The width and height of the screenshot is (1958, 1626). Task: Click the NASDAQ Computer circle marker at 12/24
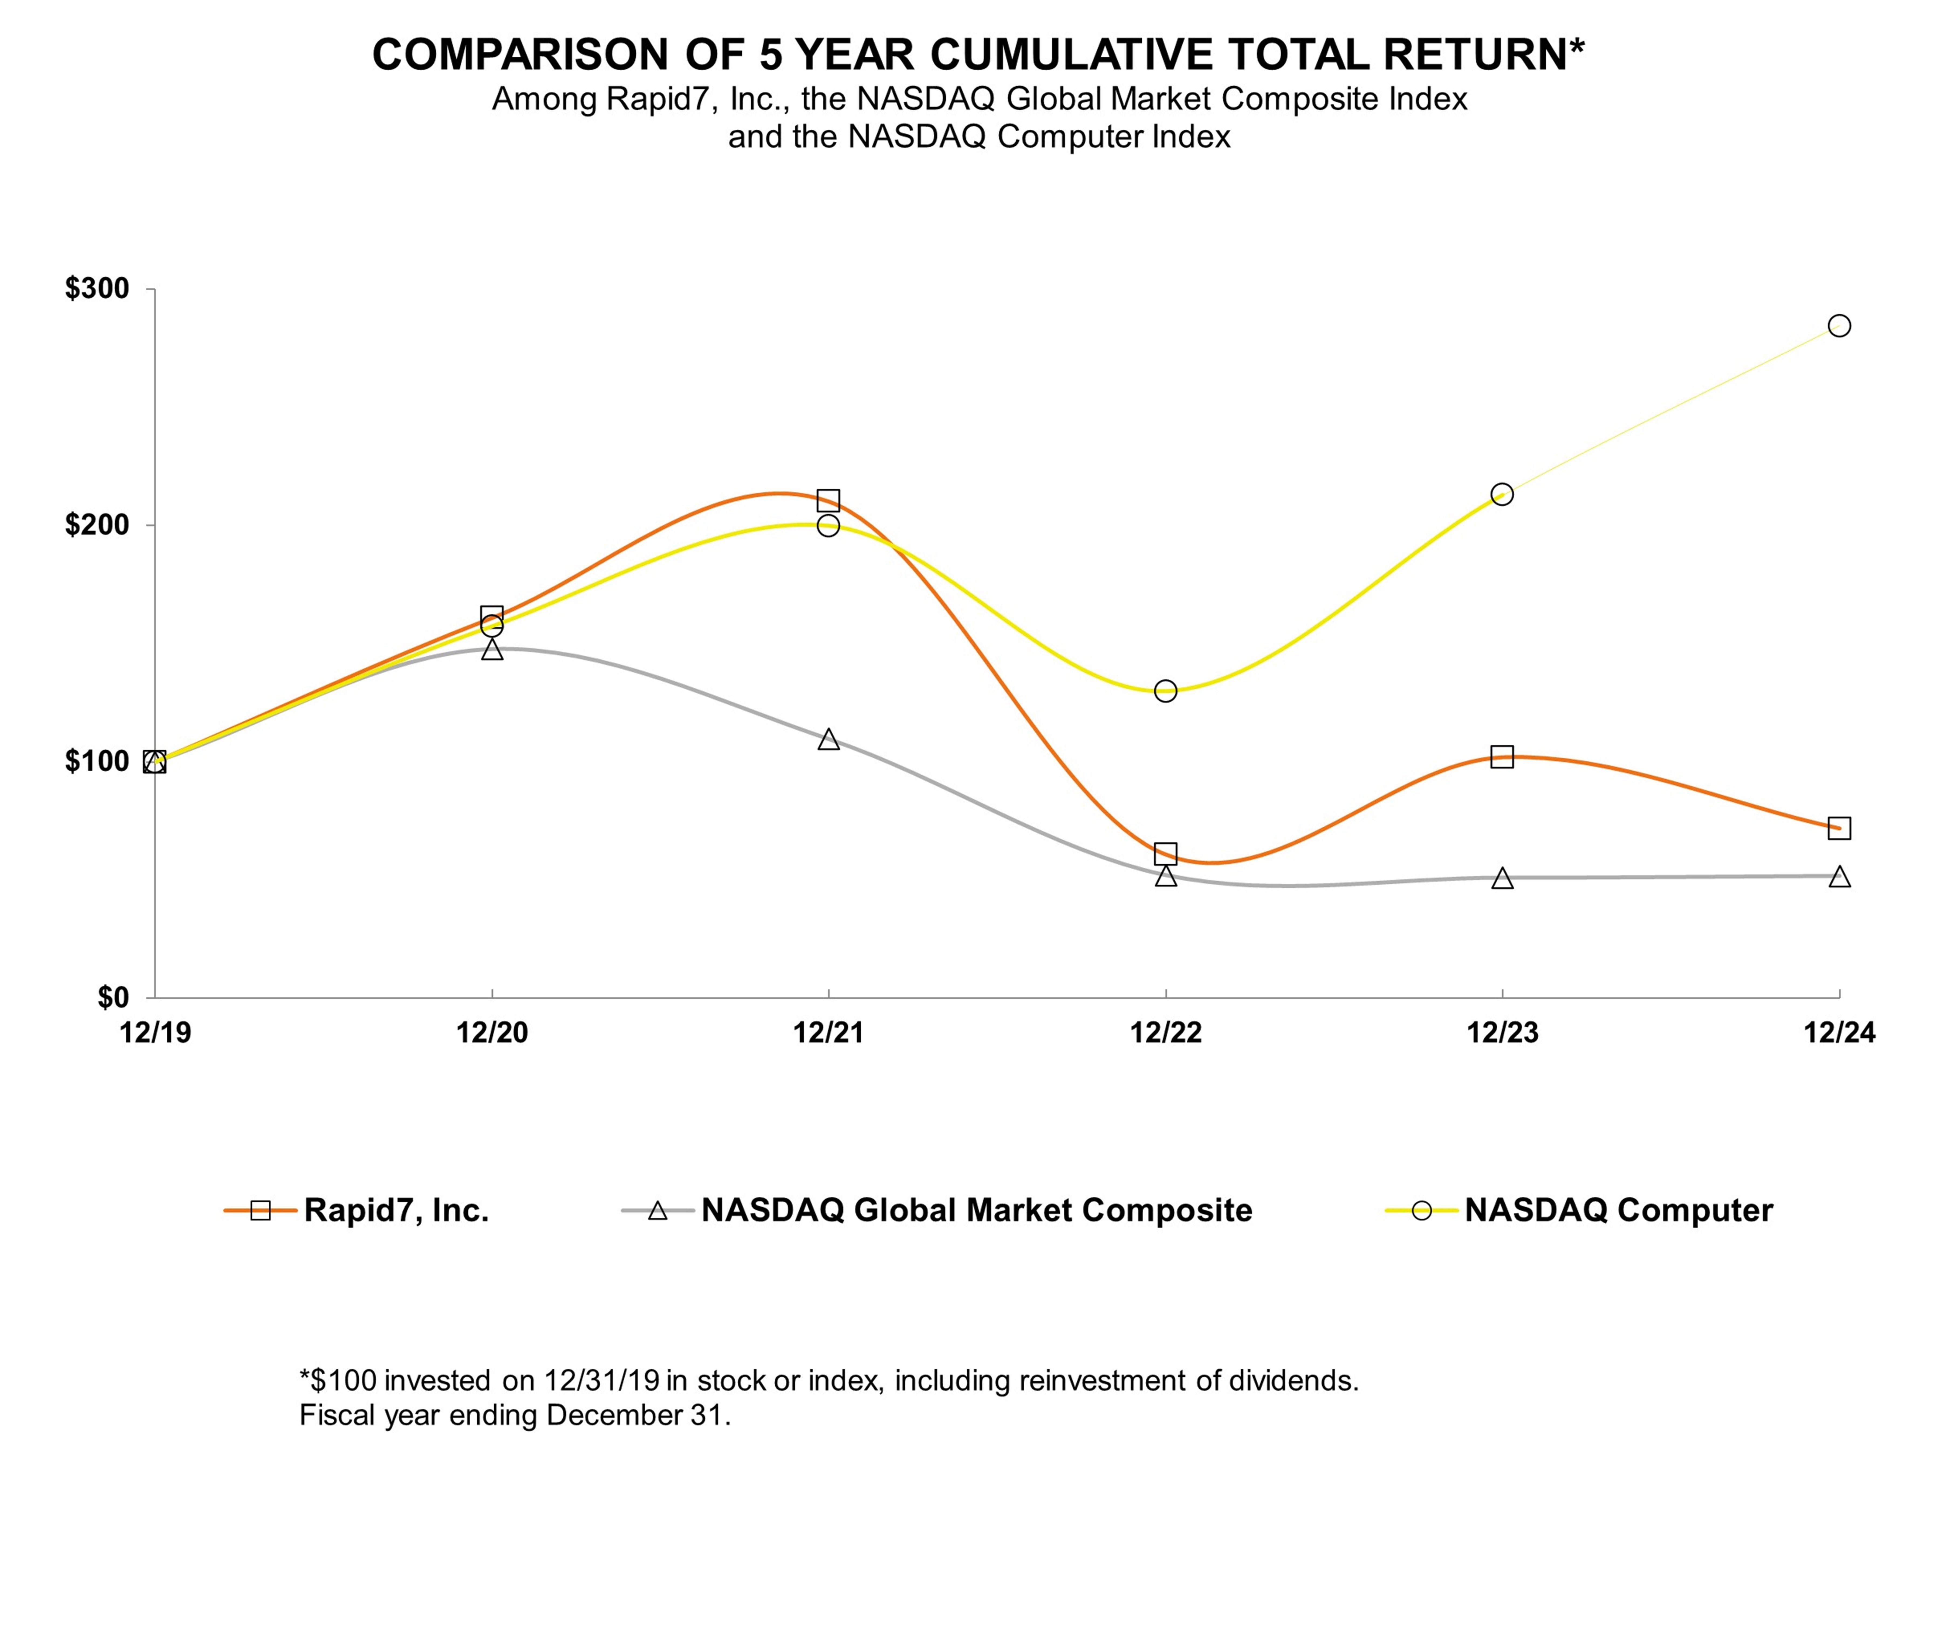1839,325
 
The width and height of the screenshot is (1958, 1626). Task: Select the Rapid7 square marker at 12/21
828,501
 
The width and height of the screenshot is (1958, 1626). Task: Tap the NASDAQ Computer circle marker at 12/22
1165,691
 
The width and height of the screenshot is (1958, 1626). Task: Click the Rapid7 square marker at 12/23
1502,756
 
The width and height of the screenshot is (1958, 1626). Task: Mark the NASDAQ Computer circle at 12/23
1502,494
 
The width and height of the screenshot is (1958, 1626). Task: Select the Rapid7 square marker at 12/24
1839,828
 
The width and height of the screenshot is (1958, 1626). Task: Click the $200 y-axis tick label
97,525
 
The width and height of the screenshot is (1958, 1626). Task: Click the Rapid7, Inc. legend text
396,1210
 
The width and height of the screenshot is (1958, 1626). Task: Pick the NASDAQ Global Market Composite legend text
976,1210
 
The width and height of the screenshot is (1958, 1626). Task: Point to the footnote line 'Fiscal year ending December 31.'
515,1415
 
